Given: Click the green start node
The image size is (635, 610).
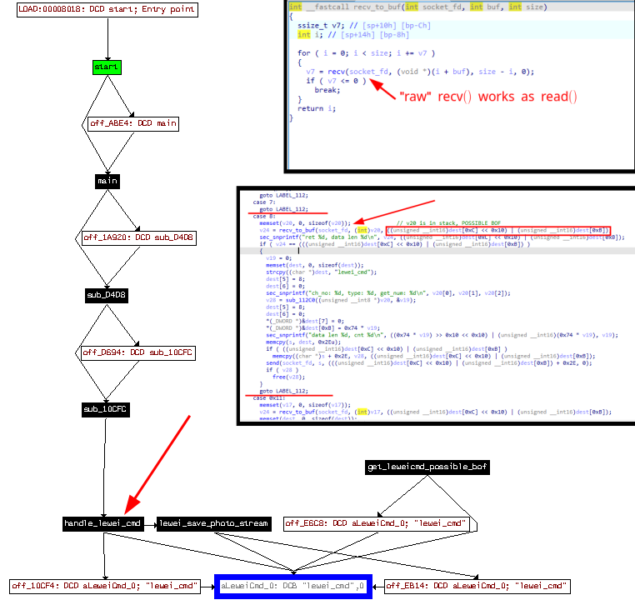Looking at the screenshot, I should (x=107, y=66).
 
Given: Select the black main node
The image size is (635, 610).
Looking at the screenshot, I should (x=107, y=181).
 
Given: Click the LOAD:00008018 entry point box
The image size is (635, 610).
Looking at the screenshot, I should (x=107, y=10).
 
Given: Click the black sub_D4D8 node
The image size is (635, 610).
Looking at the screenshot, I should (x=107, y=295).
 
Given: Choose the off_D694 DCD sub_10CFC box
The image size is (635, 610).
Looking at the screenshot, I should (x=137, y=352).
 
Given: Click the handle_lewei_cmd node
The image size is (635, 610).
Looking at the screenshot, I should (x=103, y=523).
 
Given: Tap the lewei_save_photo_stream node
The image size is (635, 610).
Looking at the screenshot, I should (x=214, y=523).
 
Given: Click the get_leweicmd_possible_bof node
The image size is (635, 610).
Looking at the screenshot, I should (x=427, y=467).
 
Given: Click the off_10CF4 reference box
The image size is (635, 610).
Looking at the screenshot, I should (x=105, y=587).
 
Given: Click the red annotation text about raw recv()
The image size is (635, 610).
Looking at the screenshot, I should (x=488, y=96).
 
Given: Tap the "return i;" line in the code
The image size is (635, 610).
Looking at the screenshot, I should (x=311, y=108).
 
